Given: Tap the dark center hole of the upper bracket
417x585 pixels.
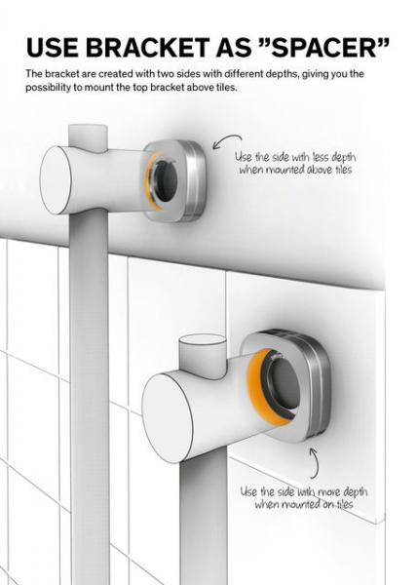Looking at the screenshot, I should [167, 179].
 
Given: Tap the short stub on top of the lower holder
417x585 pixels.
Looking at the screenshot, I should [203, 349].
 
